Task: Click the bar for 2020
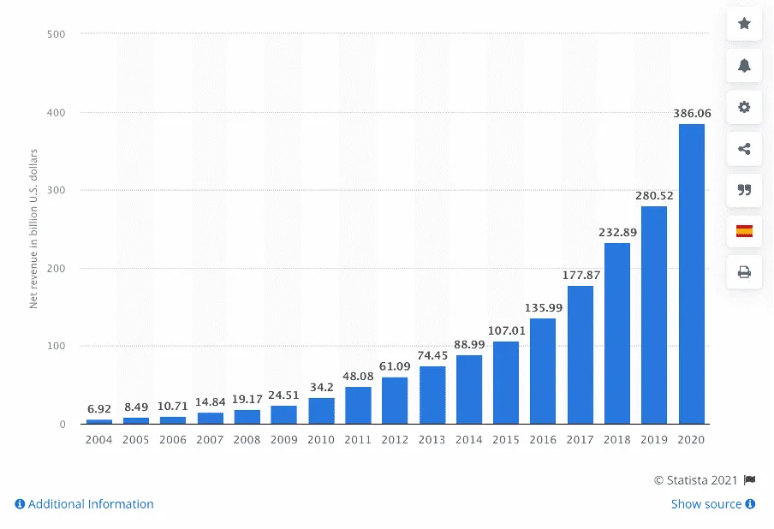(691, 274)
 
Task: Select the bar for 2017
(580, 354)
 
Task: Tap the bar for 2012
(395, 400)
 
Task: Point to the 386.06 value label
(691, 113)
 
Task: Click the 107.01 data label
(505, 330)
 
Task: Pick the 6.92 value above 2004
(99, 408)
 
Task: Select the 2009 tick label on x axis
(283, 439)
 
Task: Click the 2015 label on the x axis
(505, 439)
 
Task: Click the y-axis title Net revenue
(34, 229)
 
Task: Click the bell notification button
(744, 66)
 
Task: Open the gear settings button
(744, 107)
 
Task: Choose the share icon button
(744, 149)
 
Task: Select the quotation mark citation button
(744, 190)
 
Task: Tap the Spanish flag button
(744, 231)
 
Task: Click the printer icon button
(744, 272)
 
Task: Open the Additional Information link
(84, 504)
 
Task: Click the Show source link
(712, 504)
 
